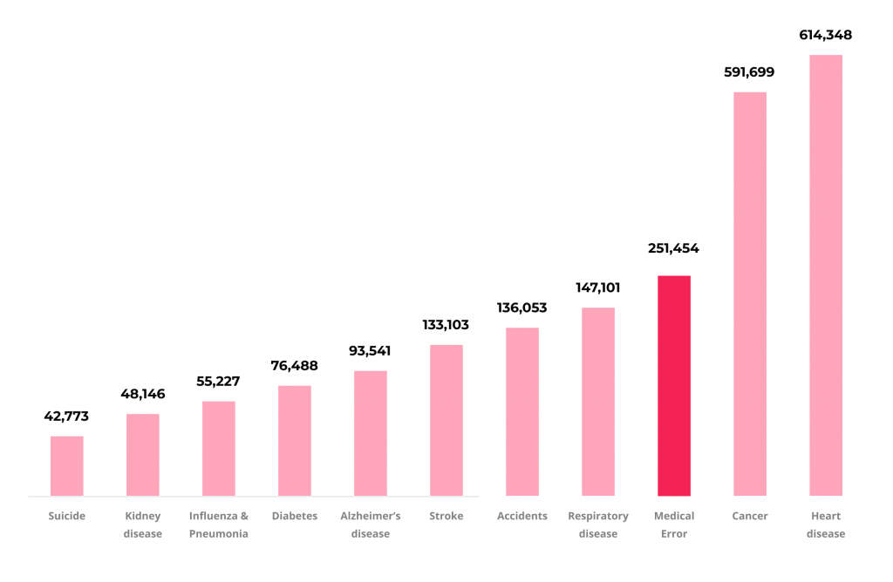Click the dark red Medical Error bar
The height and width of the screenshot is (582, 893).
pos(673,385)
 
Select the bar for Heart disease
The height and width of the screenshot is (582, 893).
pos(825,275)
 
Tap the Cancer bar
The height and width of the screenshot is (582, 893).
pos(749,294)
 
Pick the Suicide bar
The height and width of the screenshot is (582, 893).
pos(66,465)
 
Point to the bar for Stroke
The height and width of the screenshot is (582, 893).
pos(446,420)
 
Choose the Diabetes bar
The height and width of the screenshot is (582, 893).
pos(294,440)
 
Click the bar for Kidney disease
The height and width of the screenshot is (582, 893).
pos(142,454)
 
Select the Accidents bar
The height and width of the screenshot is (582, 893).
pos(521,411)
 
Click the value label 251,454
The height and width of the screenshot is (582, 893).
pos(673,248)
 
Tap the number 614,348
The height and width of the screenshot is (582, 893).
pos(825,36)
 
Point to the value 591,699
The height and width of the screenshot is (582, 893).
pos(749,72)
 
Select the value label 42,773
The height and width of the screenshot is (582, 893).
pos(66,416)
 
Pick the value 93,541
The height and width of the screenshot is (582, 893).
pos(370,351)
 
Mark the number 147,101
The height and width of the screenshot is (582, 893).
pos(597,288)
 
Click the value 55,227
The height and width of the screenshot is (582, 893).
pos(218,382)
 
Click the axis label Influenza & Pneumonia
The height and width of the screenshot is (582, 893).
pos(218,524)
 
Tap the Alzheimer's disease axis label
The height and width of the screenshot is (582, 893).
pos(370,524)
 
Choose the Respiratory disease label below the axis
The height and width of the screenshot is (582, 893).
pos(597,524)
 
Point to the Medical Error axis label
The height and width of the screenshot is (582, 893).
pos(673,524)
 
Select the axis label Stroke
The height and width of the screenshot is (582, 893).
pos(446,516)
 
